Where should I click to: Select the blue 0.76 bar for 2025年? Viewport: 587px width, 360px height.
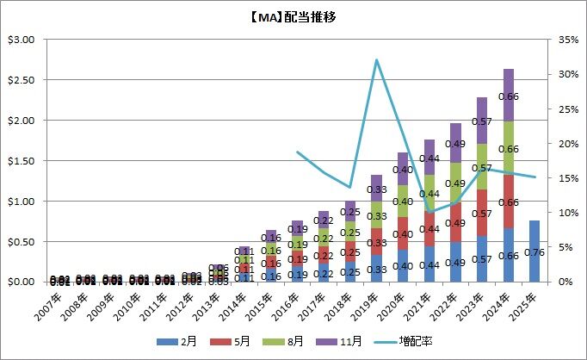534,251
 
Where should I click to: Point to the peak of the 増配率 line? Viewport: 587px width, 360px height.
376,59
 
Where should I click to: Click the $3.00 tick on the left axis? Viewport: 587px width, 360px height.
20,40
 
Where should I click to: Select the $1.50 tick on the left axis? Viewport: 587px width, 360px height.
20,161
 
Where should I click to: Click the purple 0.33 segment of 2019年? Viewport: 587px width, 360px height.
376,189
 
